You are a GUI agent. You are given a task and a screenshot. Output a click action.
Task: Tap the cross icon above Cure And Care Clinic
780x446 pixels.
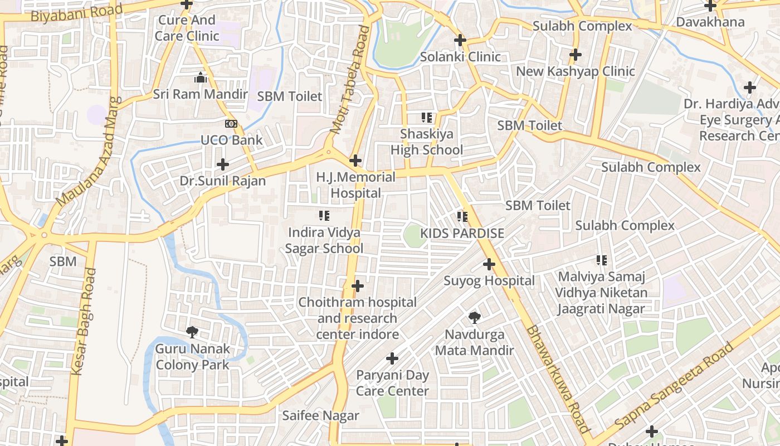click(187, 4)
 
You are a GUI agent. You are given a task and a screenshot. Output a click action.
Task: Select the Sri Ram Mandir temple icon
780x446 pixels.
click(201, 78)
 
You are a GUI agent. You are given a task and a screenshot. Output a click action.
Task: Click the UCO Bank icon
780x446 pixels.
click(231, 123)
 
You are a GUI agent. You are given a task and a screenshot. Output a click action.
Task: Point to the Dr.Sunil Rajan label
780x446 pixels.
click(223, 181)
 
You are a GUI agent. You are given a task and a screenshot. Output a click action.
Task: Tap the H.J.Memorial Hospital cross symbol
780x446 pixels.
click(355, 161)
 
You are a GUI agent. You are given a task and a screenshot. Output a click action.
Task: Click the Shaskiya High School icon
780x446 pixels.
click(427, 118)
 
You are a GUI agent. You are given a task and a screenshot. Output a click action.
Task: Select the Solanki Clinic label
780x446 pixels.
click(460, 56)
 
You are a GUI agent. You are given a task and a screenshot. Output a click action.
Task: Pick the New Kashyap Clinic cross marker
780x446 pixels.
click(576, 55)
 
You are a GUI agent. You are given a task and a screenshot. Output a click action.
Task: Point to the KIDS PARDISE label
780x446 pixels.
click(462, 233)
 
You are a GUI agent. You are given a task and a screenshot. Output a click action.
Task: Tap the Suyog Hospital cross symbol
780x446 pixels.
click(489, 264)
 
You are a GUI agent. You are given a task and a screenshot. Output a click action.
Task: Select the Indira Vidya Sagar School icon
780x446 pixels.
click(324, 216)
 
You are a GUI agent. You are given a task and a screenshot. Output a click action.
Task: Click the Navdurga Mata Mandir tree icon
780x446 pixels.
click(475, 318)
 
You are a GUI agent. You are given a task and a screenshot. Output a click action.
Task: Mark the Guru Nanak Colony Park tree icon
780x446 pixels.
click(192, 332)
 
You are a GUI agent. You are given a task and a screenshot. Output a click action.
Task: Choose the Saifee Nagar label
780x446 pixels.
click(320, 415)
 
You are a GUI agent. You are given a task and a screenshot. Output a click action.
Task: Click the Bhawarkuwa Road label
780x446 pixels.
click(557, 379)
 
